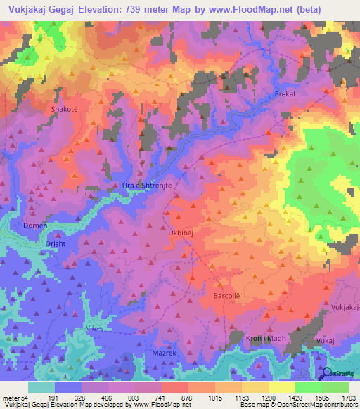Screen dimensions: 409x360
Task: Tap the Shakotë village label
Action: pos(64,110)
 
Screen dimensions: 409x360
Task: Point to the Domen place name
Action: pos(36,225)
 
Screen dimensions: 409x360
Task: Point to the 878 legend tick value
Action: pos(186,398)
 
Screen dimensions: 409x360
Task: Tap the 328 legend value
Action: pos(79,398)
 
